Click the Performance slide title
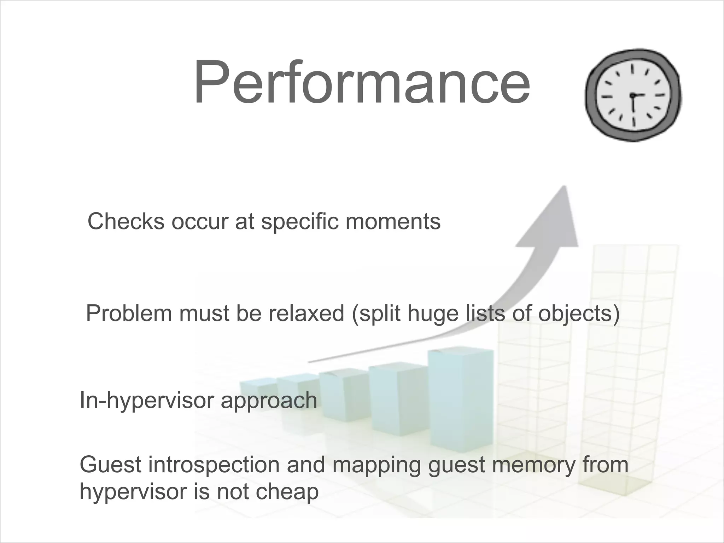pyautogui.click(x=361, y=83)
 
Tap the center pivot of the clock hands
pyautogui.click(x=632, y=95)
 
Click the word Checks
pyautogui.click(x=126, y=222)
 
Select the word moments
pyautogui.click(x=393, y=222)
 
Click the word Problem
pyautogui.click(x=129, y=313)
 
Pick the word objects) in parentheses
pyautogui.click(x=579, y=313)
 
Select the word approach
pyautogui.click(x=269, y=401)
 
